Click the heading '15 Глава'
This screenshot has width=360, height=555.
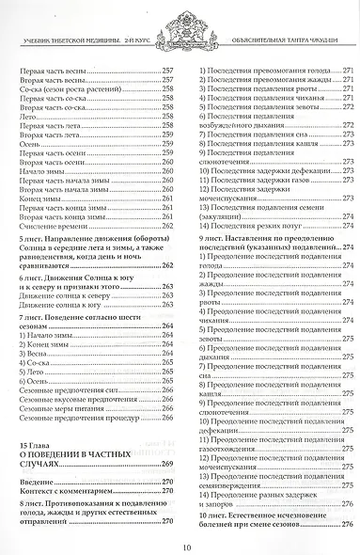coord(39,441)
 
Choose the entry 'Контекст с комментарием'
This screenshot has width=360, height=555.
coord(70,491)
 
